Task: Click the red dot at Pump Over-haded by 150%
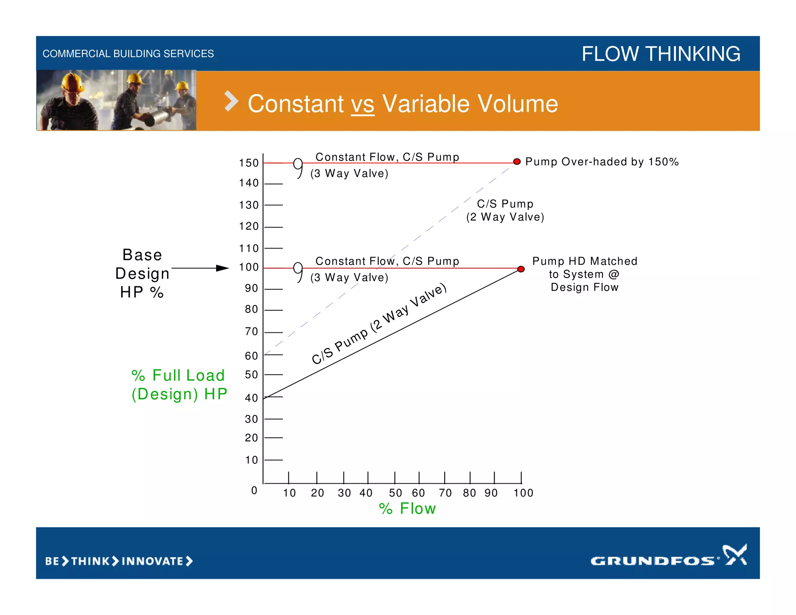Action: [x=517, y=162]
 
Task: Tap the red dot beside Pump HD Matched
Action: [x=521, y=269]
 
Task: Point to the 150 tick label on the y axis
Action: [x=249, y=163]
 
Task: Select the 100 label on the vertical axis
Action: [x=249, y=267]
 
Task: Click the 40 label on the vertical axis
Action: [x=251, y=398]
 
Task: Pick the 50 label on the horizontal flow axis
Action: [x=395, y=493]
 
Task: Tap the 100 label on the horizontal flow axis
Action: [x=523, y=493]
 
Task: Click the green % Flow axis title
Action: [x=407, y=508]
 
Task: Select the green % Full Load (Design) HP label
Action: [x=179, y=384]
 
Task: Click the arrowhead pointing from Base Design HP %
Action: [x=223, y=268]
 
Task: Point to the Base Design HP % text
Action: [x=142, y=273]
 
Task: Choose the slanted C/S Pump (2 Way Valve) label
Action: [x=379, y=324]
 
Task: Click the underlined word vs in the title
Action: [x=363, y=104]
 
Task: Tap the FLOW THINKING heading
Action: [x=661, y=54]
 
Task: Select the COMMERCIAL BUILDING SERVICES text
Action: [x=128, y=54]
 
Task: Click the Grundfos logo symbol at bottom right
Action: [x=734, y=554]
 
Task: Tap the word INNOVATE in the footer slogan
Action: [x=152, y=561]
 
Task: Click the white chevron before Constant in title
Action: [x=231, y=101]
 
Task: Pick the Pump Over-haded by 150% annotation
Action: [x=602, y=162]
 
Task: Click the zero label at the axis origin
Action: [x=254, y=490]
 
